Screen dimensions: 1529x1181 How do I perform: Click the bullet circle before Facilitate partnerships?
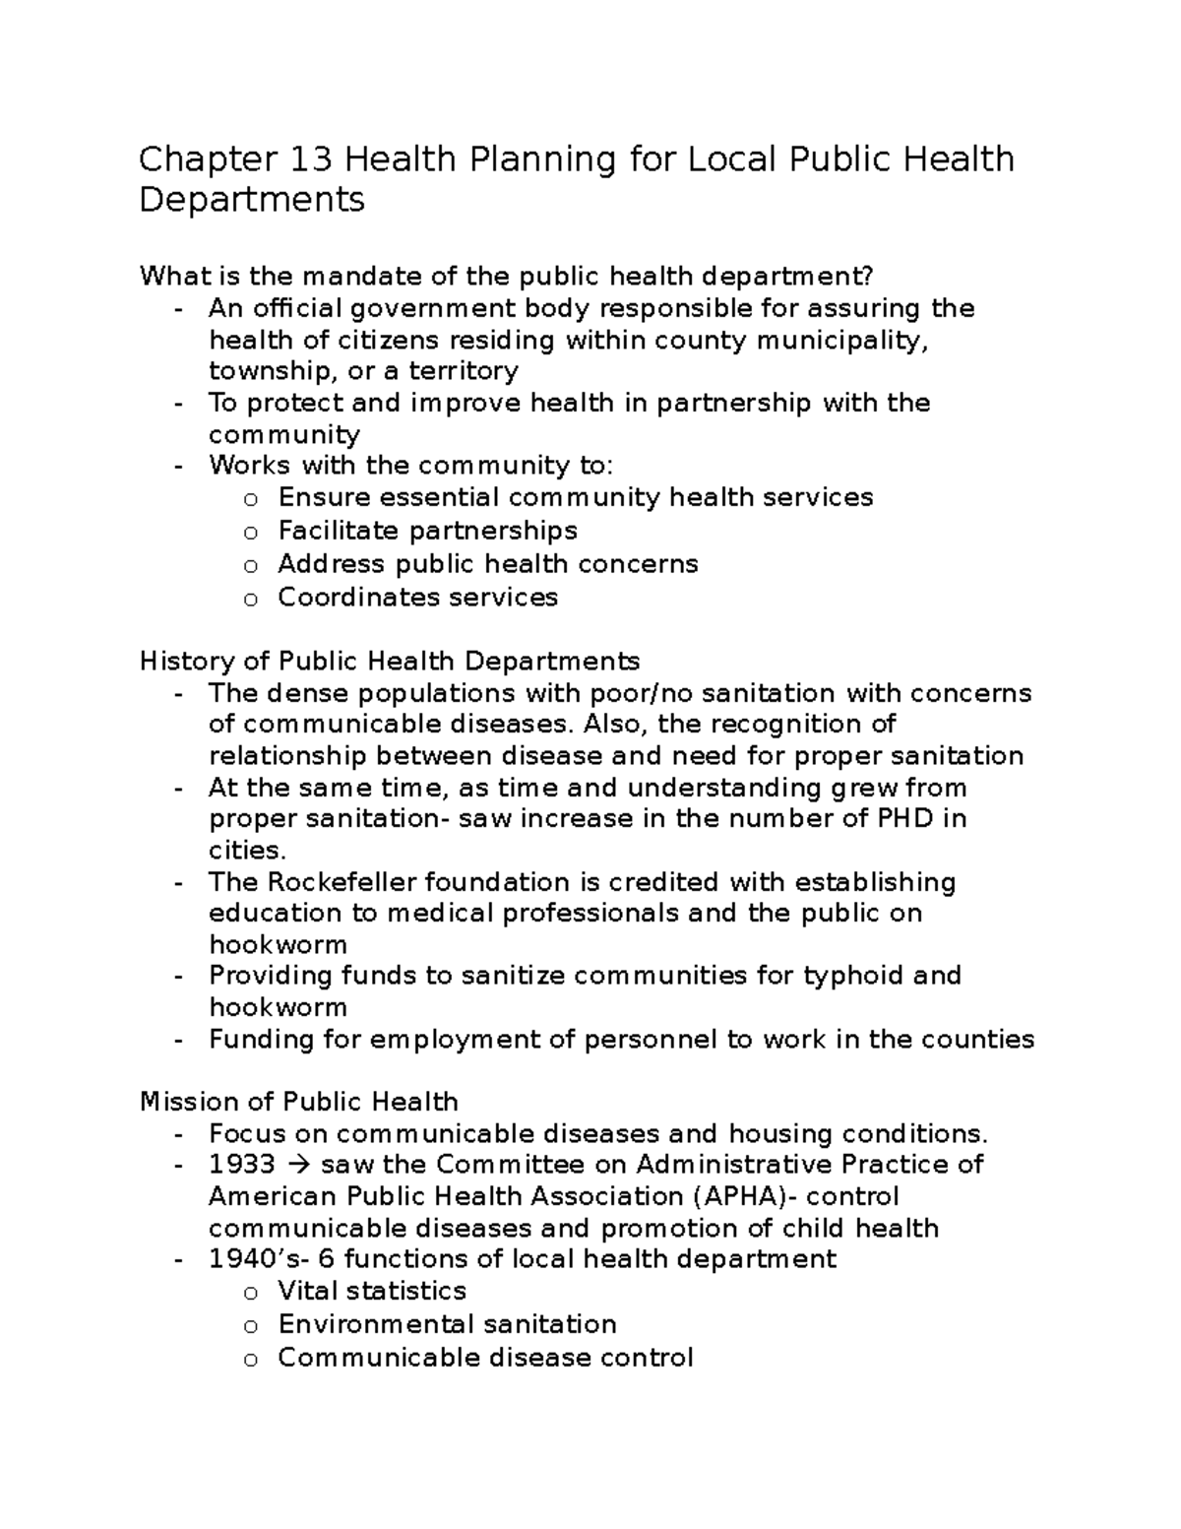[250, 533]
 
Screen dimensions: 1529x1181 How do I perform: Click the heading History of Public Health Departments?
[390, 660]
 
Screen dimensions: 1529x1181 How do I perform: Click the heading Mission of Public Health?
[299, 1101]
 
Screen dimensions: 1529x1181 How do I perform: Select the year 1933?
[241, 1164]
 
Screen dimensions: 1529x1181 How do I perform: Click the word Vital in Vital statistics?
[307, 1291]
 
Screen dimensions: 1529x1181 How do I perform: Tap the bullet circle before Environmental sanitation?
[250, 1326]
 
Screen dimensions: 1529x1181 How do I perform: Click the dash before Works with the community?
[177, 466]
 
